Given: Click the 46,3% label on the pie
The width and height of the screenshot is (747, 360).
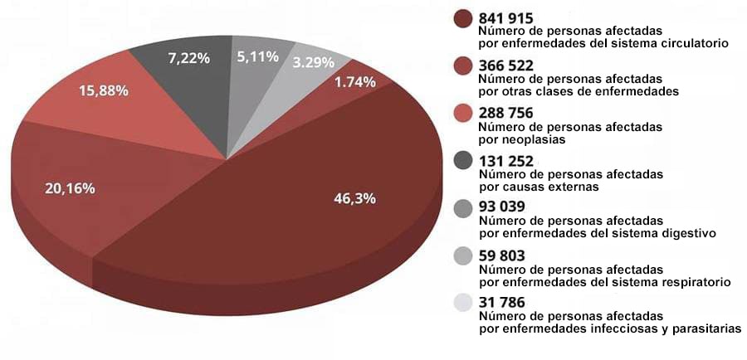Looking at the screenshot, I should click(354, 199).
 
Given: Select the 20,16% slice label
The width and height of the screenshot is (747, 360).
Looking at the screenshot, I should click(70, 188).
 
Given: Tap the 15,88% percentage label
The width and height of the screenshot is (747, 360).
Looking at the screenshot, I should click(103, 90).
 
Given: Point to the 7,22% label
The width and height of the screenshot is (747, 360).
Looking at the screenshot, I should click(188, 59).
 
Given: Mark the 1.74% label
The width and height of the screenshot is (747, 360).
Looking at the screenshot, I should click(355, 81).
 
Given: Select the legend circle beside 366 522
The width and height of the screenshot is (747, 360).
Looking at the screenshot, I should click(463, 67).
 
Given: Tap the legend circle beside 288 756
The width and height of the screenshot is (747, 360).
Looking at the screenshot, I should click(463, 114).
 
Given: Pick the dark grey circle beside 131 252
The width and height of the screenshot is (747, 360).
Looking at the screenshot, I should click(463, 162).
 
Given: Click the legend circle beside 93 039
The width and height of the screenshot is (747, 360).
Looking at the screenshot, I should click(463, 209).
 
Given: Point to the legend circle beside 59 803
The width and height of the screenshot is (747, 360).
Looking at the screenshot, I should click(463, 257).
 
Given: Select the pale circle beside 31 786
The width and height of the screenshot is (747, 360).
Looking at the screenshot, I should click(463, 304).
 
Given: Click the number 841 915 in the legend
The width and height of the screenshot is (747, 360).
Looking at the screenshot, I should click(506, 17).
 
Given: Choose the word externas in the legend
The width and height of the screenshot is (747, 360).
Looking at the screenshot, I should click(574, 187).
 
